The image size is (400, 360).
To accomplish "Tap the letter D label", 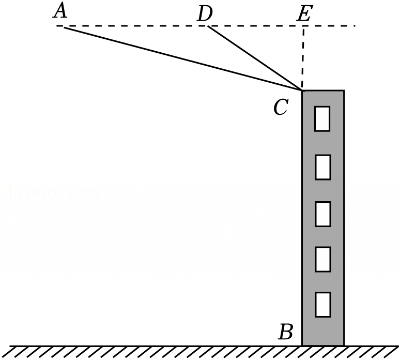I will click(x=205, y=14).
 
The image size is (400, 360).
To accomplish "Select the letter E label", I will click(x=303, y=14).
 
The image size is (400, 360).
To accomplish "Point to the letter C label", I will click(x=280, y=108).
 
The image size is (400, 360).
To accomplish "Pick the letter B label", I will click(x=285, y=332).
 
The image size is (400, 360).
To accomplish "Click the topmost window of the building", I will click(x=322, y=118).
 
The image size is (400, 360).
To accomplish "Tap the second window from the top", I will click(x=322, y=167).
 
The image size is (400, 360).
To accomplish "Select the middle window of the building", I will click(x=322, y=214).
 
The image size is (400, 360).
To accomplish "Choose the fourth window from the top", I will click(x=322, y=259).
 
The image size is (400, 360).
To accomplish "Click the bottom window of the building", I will click(x=322, y=304).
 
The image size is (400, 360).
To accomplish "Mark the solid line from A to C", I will click(x=181, y=58).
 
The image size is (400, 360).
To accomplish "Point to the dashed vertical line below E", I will click(x=303, y=57).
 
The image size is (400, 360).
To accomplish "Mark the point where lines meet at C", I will click(x=302, y=91).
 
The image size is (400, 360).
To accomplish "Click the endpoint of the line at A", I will click(x=64, y=26).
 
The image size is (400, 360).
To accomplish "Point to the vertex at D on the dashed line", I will click(x=208, y=26).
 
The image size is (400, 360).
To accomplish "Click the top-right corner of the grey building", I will click(x=344, y=91).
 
